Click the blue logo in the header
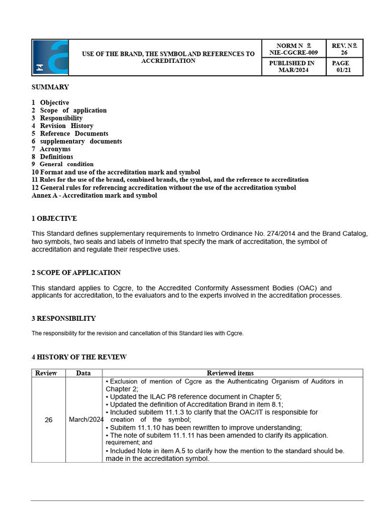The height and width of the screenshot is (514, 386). [50, 57]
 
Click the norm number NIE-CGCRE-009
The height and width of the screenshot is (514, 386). [294, 52]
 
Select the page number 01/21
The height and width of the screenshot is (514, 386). [344, 70]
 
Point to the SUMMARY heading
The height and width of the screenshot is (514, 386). [50, 87]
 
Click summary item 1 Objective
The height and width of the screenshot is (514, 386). [50, 103]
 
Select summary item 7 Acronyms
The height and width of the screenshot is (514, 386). [51, 149]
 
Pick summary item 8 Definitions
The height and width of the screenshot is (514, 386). [52, 157]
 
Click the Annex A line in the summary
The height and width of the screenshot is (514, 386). [94, 196]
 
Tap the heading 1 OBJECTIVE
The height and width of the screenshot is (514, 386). [54, 219]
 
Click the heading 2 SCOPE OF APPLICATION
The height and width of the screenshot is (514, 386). [76, 273]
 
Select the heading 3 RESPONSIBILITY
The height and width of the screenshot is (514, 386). [63, 319]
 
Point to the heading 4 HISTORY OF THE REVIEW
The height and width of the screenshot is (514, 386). [79, 357]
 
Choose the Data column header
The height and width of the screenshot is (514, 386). [83, 373]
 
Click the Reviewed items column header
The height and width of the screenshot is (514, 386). [230, 373]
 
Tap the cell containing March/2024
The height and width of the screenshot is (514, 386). [86, 420]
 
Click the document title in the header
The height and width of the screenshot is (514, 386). [168, 57]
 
